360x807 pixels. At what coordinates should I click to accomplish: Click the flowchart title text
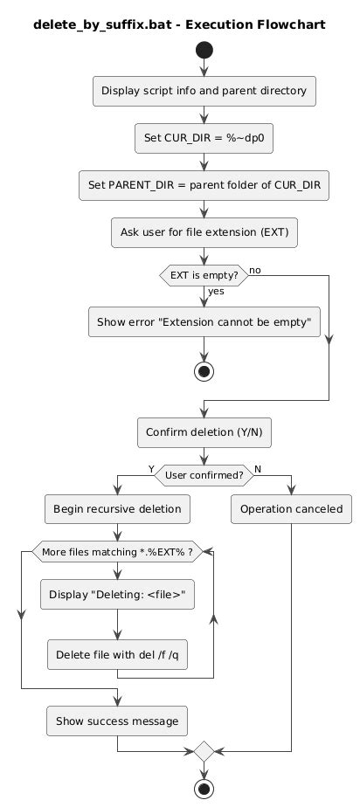click(x=179, y=24)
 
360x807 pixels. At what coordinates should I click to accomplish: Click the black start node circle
click(x=204, y=50)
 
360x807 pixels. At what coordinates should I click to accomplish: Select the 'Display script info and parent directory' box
click(x=204, y=91)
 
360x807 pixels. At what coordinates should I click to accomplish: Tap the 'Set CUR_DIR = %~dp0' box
click(x=204, y=139)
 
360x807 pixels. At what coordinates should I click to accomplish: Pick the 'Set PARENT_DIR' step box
click(x=204, y=185)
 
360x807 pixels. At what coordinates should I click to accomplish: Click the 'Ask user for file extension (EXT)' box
click(x=204, y=232)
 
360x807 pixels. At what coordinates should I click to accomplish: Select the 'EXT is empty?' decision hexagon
click(x=204, y=275)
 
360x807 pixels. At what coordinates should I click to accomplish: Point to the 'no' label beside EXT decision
click(x=255, y=270)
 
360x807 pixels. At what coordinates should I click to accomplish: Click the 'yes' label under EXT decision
click(x=216, y=291)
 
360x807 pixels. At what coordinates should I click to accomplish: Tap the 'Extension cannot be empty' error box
click(x=204, y=322)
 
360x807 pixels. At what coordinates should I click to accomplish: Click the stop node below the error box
click(x=204, y=371)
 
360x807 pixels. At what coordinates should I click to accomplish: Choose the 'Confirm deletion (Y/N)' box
click(x=204, y=431)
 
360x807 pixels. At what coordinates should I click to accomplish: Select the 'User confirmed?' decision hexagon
click(x=204, y=475)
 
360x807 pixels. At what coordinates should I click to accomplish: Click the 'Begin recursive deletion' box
click(x=117, y=509)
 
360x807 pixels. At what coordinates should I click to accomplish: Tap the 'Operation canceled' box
click(x=292, y=509)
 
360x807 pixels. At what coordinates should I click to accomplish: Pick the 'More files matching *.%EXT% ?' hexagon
click(x=117, y=552)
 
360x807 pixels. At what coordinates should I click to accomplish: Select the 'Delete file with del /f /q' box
click(x=117, y=655)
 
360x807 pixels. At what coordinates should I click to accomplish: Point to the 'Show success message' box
click(x=117, y=721)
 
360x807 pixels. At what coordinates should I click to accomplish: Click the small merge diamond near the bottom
click(x=204, y=751)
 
